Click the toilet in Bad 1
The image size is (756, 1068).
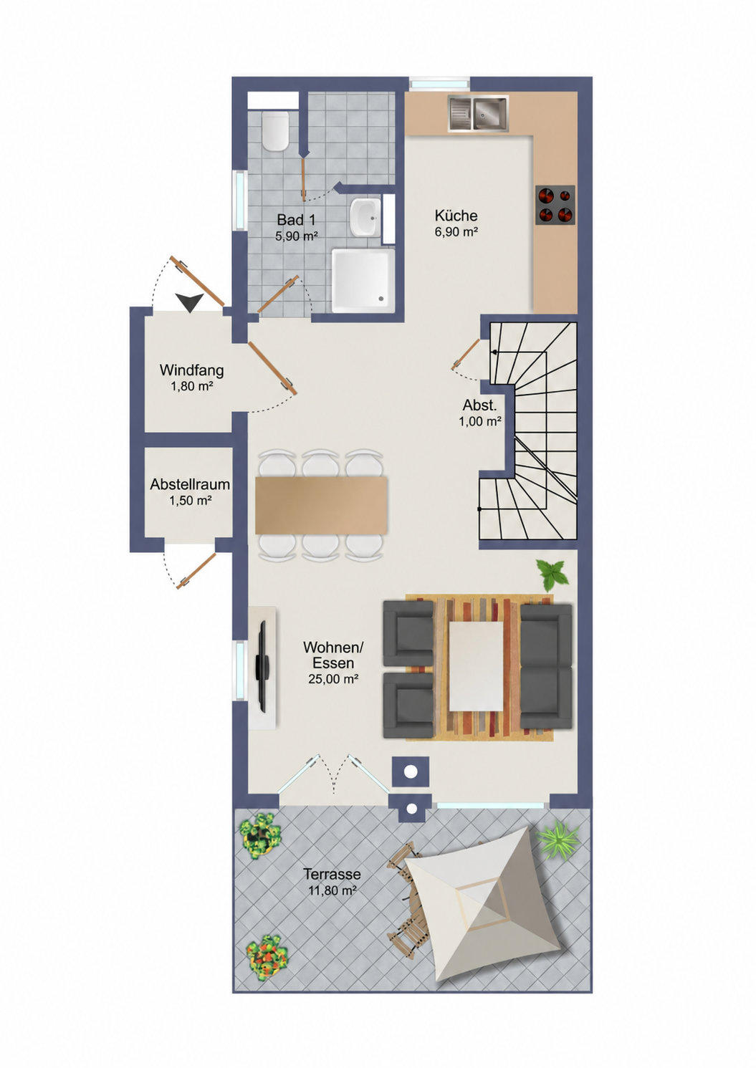275,131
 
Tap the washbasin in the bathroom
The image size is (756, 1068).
365,218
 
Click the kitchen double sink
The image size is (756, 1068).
478,113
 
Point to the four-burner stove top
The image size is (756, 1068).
555,205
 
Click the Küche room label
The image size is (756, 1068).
456,216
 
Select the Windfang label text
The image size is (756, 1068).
192,370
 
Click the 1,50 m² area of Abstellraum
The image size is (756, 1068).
191,501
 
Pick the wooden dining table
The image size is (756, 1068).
322,505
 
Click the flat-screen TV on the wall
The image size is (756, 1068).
262,666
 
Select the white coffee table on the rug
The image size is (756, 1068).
476,666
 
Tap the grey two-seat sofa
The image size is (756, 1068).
546,666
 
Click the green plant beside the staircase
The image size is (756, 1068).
552,574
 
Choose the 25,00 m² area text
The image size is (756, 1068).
333,679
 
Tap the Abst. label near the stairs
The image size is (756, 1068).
480,405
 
